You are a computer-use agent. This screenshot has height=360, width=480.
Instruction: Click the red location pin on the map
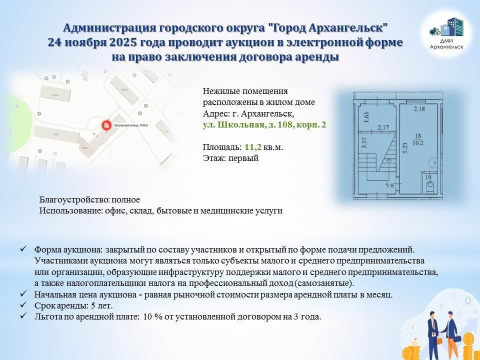tap(106, 125)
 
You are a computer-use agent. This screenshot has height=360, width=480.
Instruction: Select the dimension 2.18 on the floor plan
tap(419, 108)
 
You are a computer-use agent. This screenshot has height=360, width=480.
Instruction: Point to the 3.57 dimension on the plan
tap(364, 144)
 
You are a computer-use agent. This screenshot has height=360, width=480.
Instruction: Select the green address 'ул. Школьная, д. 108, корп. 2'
tap(264, 125)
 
